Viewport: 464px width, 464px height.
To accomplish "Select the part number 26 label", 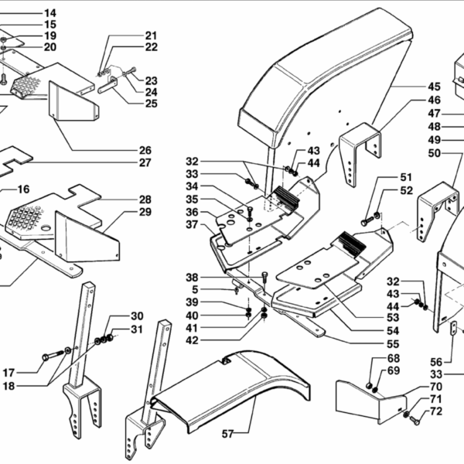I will pos(145,149).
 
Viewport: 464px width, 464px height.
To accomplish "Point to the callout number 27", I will pos(145,162).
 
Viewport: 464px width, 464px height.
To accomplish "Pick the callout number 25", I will pos(150,104).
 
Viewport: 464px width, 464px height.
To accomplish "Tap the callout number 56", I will pos(435,361).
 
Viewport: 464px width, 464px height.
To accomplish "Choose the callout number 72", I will pos(436,411).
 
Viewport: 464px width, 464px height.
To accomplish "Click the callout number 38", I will pos(191,278).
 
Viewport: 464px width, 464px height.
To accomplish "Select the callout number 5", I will pos(195,290).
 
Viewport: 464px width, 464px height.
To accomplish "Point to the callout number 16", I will pos(23,189).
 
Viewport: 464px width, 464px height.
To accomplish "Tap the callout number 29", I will pos(145,212).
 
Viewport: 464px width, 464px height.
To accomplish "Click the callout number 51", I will pos(406,178).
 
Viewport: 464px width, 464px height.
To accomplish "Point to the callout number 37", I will pos(192,224).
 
